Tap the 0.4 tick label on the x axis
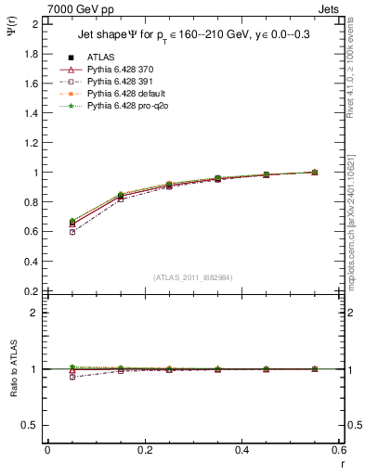coord(241,450)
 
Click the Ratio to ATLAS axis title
coord(12,369)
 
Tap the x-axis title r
coord(341,462)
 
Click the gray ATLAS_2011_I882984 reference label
coord(192,277)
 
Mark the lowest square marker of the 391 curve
coord(72,232)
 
